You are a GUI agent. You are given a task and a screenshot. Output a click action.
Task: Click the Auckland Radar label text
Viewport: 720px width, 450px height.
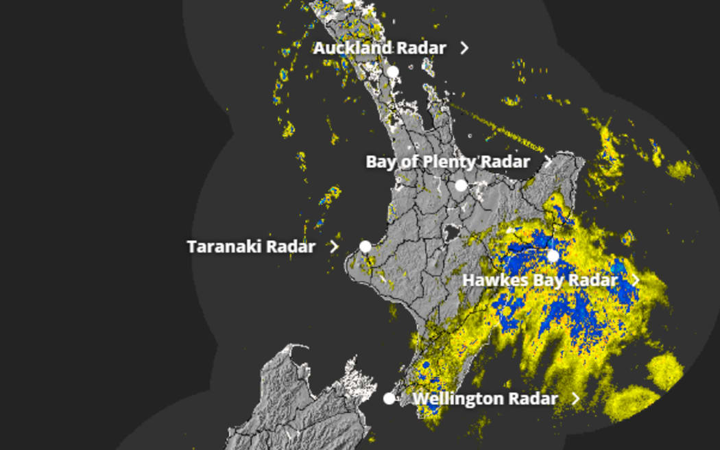pyautogui.click(x=379, y=48)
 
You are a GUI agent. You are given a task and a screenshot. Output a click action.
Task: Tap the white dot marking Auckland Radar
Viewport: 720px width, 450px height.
pyautogui.click(x=392, y=71)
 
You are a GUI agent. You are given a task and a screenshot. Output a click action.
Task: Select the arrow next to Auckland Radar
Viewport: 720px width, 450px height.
pyautogui.click(x=465, y=48)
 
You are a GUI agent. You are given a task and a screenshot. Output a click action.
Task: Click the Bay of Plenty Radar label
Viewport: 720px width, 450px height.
pyautogui.click(x=447, y=162)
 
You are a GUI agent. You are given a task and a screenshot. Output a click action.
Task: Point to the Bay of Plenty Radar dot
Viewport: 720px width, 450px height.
pyautogui.click(x=461, y=185)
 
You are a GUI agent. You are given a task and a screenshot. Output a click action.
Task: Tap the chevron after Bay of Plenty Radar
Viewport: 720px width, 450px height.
pyautogui.click(x=547, y=162)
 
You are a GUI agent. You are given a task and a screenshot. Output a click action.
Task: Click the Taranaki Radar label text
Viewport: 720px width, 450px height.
pyautogui.click(x=251, y=246)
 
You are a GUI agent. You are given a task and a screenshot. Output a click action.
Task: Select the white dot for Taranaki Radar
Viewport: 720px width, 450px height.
pyautogui.click(x=365, y=246)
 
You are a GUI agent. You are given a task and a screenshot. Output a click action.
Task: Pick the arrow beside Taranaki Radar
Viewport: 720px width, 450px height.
pyautogui.click(x=334, y=246)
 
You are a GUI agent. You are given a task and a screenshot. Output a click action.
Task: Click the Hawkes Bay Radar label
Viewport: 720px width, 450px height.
pyautogui.click(x=540, y=280)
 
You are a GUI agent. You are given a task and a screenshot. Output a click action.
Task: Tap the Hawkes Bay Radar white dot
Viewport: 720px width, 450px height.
pyautogui.click(x=553, y=256)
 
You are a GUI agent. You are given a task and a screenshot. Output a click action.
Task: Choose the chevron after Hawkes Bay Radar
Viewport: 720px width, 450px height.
pyautogui.click(x=636, y=280)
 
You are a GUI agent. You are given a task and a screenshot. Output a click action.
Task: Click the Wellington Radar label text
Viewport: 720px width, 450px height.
pyautogui.click(x=485, y=399)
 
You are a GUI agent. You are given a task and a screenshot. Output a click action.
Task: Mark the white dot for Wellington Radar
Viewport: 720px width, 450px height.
pyautogui.click(x=389, y=399)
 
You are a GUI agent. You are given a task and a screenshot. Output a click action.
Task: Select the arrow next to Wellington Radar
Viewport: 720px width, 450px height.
pyautogui.click(x=575, y=399)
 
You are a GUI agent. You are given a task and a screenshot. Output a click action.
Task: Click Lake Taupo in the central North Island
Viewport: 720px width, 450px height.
pyautogui.click(x=452, y=233)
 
